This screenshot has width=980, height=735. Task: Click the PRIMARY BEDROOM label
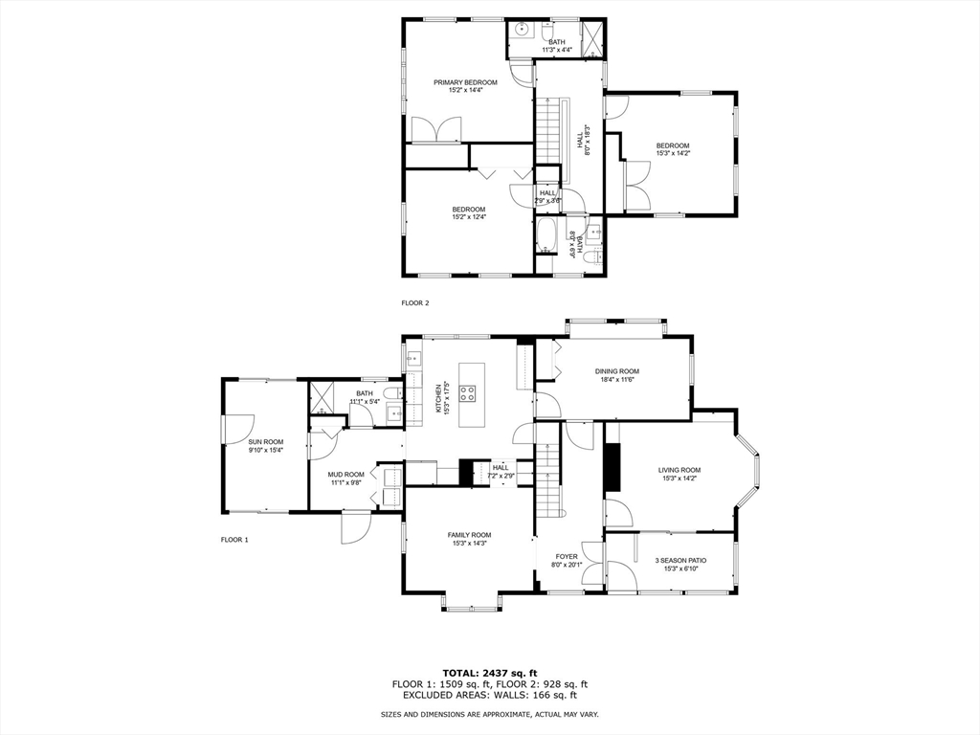[x=465, y=82]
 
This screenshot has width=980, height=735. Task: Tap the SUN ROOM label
[x=266, y=442]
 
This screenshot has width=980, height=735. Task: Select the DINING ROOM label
[x=616, y=371]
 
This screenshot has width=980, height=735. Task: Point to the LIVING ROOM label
[x=679, y=470]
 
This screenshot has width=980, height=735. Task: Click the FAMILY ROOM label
[x=469, y=535]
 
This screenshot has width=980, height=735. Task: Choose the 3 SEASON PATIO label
[x=680, y=560]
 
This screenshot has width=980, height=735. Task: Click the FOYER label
[x=567, y=556]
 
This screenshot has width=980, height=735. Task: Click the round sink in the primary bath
[x=523, y=29]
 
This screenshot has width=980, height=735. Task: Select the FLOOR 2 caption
[x=415, y=302]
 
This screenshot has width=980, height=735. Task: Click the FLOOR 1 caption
[x=234, y=540]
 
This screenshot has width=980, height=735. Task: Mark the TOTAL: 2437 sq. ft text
[x=489, y=672]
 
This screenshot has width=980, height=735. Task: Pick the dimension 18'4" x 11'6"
[x=616, y=380]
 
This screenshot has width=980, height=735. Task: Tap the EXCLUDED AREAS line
[x=489, y=696]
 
